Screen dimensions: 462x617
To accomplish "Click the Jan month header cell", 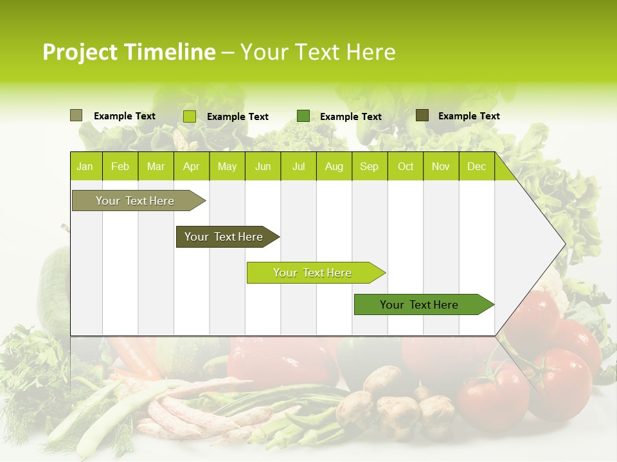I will tap(85, 166).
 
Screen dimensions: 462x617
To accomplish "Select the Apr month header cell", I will tap(192, 166).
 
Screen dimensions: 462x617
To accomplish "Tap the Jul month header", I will tap(298, 166).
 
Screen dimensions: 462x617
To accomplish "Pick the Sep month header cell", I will tap(369, 166).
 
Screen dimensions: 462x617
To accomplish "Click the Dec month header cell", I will tap(476, 166).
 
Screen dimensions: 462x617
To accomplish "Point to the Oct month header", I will tap(406, 166).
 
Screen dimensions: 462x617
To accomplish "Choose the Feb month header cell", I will tap(120, 166).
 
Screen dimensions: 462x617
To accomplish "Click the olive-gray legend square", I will tap(76, 116).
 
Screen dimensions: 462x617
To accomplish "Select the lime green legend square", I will tap(189, 116).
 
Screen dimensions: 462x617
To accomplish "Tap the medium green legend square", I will tap(303, 116).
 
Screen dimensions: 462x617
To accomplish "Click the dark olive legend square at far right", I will tap(422, 116).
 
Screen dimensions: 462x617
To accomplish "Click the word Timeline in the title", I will tap(169, 52).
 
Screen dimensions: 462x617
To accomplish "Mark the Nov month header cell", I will tap(441, 166).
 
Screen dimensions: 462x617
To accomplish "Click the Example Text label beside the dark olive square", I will tap(469, 116).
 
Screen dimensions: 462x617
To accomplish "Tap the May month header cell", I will tap(227, 166).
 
